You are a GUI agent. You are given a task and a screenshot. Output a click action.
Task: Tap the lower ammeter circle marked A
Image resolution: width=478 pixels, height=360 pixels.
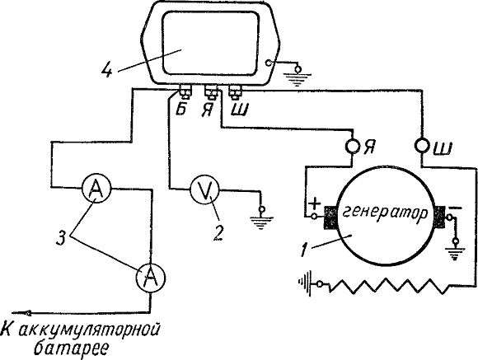tap(150, 278)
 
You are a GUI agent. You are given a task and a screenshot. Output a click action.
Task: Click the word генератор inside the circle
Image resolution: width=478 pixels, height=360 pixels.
tap(386, 213)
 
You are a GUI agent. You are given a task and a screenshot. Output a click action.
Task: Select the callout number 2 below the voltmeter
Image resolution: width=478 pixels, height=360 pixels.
tap(218, 232)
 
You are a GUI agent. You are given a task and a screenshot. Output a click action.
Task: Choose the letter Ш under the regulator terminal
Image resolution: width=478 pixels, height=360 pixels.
tap(240, 109)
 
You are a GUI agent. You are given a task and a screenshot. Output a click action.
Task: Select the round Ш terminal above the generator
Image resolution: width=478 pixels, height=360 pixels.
tap(422, 146)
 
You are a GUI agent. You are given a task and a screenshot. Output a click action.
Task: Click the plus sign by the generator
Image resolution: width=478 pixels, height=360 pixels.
tap(315, 203)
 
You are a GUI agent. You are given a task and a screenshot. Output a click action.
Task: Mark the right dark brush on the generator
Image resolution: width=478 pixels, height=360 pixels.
tap(440, 217)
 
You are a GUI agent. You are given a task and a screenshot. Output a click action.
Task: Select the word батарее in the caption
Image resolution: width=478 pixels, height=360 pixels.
tap(72, 348)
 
